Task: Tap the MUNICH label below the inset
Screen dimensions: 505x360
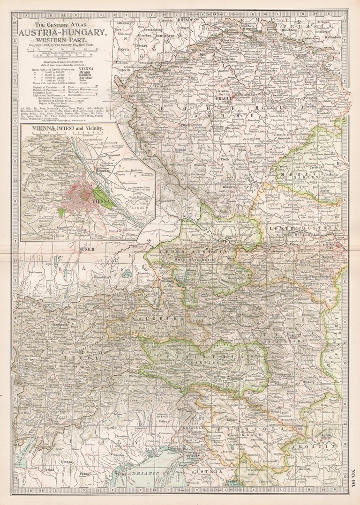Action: tap(87, 249)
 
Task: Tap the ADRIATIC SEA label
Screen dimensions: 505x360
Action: tap(148, 474)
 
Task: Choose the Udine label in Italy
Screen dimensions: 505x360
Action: tap(164, 421)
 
